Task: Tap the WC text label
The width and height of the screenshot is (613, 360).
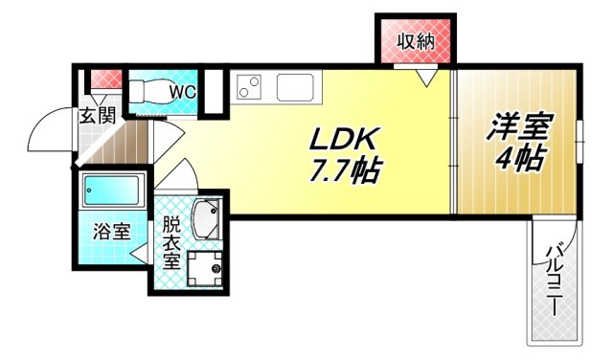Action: pyautogui.click(x=183, y=92)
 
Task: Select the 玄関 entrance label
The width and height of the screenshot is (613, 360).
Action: pyautogui.click(x=97, y=117)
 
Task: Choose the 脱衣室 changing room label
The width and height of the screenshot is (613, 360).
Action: pyautogui.click(x=170, y=243)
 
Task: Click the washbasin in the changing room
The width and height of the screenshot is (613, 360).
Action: pyautogui.click(x=207, y=218)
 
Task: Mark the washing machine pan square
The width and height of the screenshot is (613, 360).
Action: pyautogui.click(x=204, y=268)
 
